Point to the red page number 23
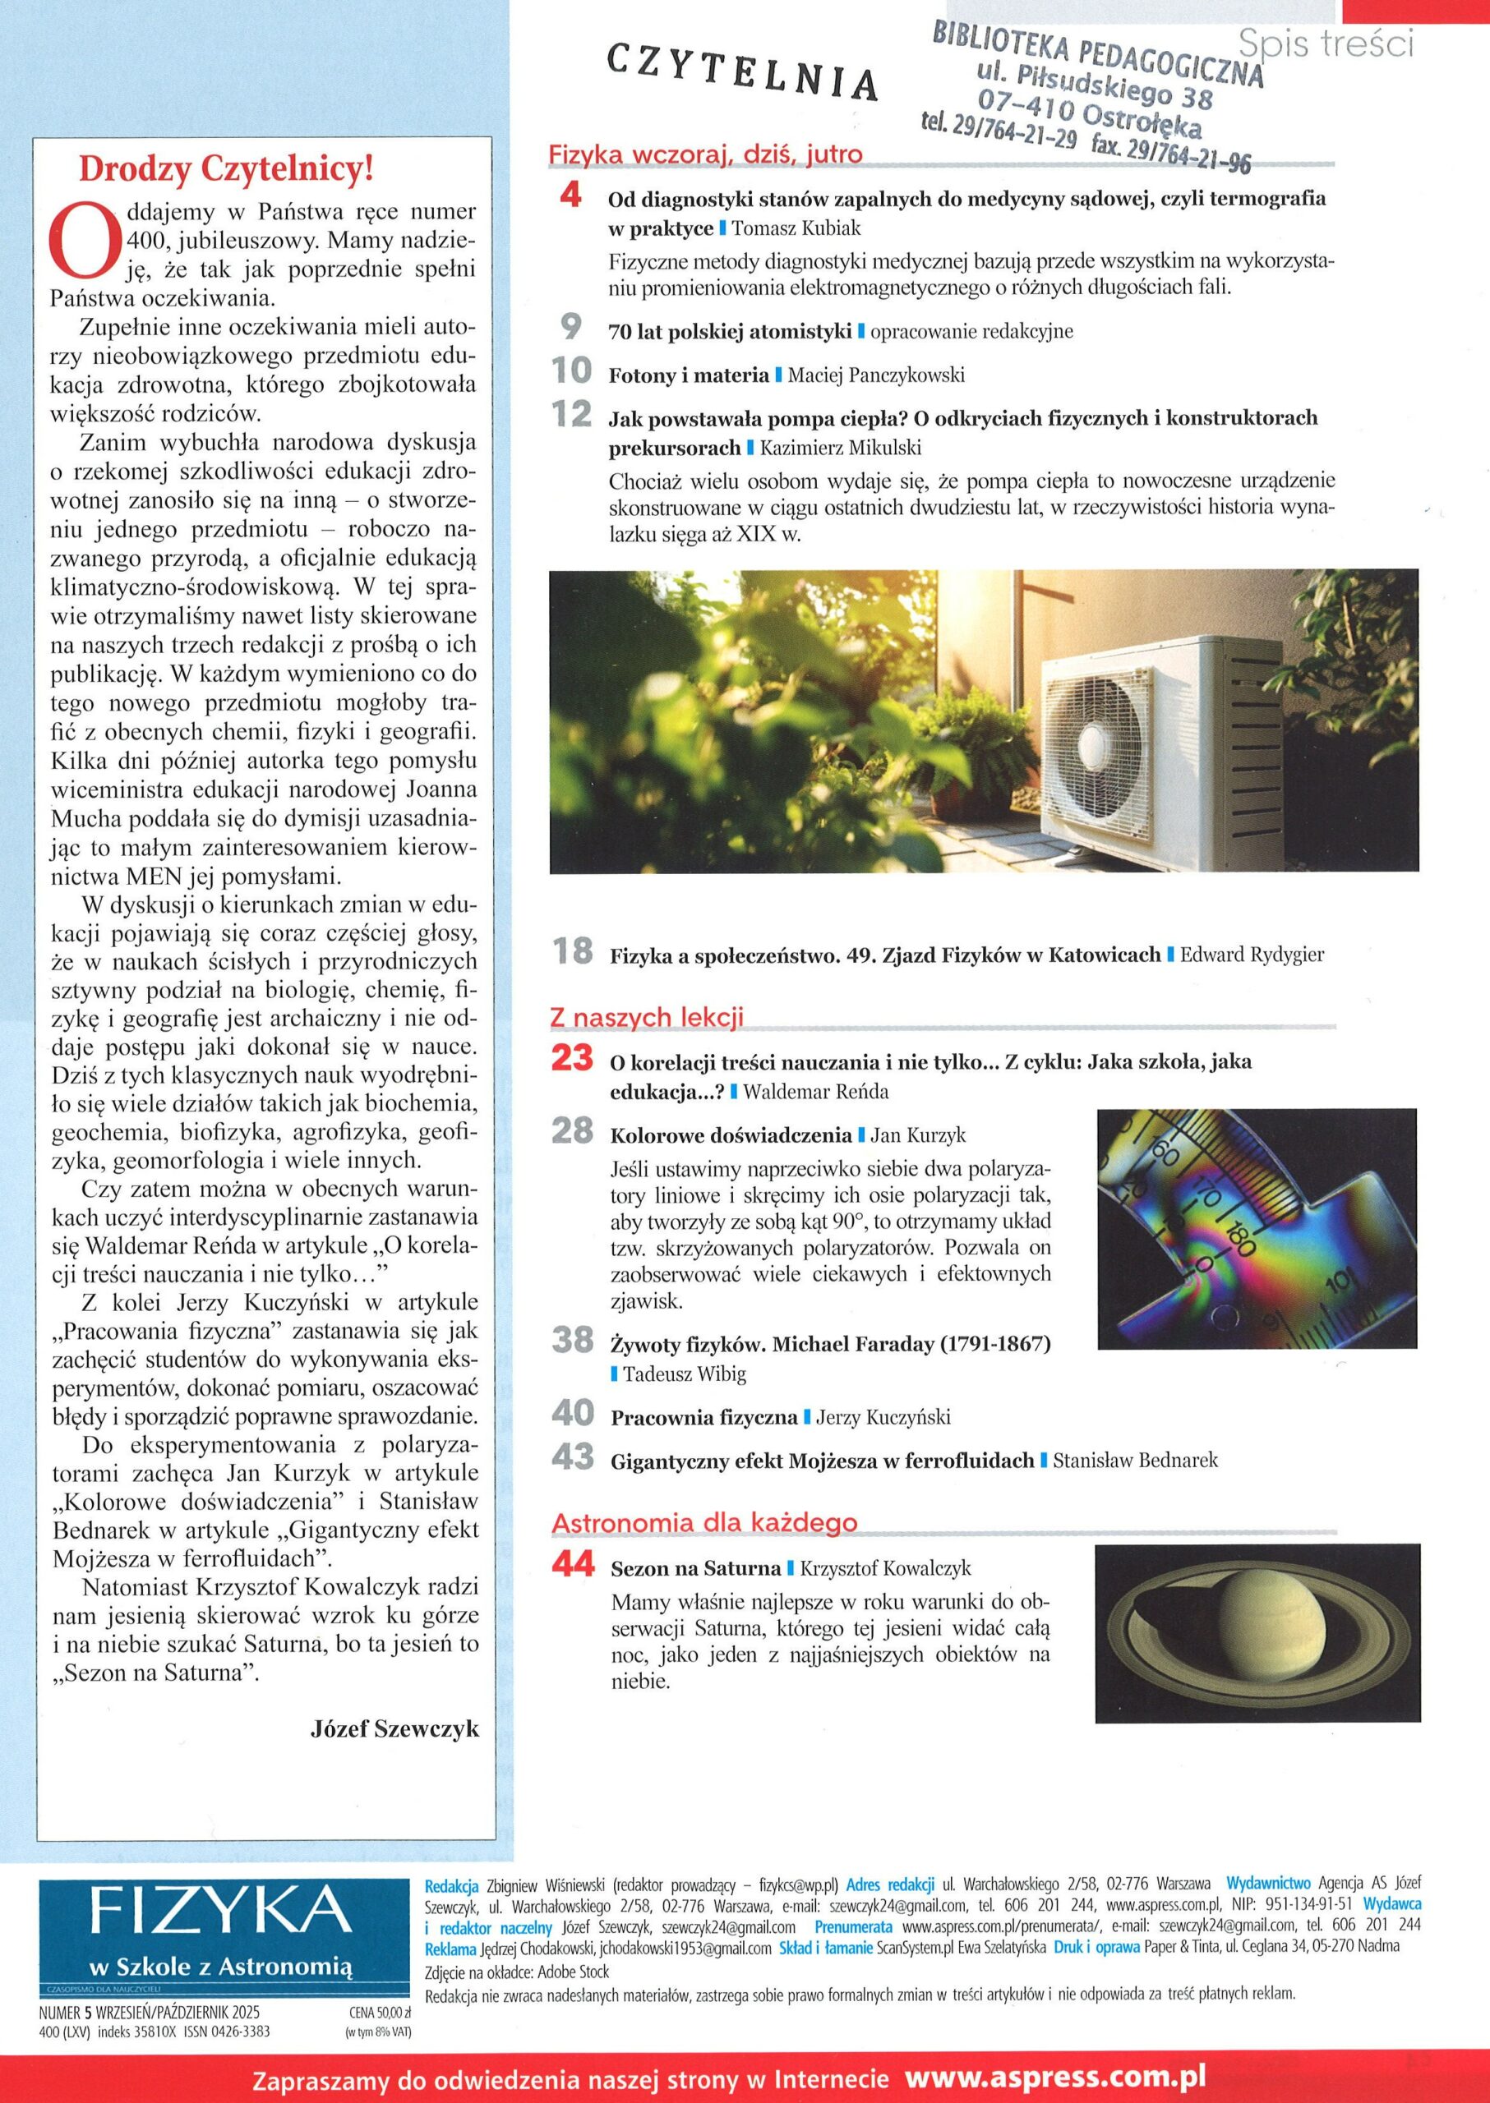[574, 1058]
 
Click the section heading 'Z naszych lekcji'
[646, 1017]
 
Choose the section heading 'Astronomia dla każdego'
[703, 1522]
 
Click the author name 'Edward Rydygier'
[1252, 955]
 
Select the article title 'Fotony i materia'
[688, 375]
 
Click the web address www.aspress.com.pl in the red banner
[1055, 2078]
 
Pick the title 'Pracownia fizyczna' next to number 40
[703, 1417]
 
